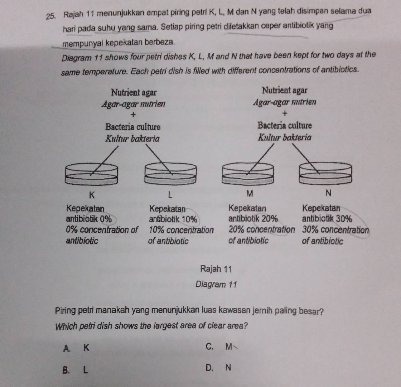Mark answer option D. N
[x=219, y=367]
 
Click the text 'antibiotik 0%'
[x=88, y=218]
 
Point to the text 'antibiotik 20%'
[x=252, y=218]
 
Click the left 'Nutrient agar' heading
[x=134, y=92]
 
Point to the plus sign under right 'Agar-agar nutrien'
[x=285, y=114]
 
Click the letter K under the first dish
[x=92, y=195]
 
